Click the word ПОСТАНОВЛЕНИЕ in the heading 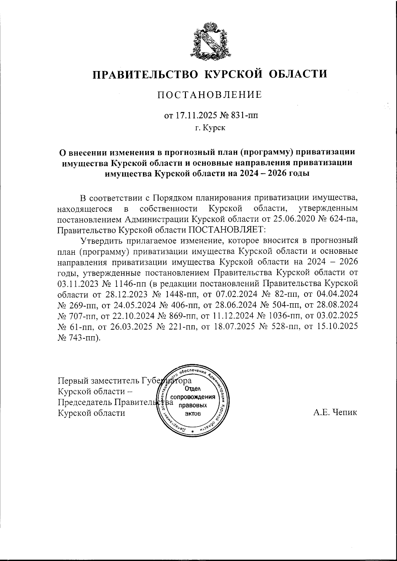209,95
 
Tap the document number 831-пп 243,115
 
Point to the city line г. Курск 210,128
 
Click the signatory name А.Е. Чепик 335,413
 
